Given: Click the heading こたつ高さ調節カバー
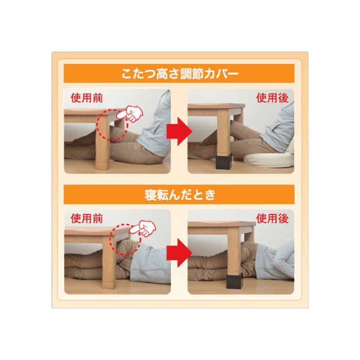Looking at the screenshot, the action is pos(180,74).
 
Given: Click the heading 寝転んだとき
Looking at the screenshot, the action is pos(180,195).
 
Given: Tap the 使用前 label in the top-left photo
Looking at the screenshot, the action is pos(86,98).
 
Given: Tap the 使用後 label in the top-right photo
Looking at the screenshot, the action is pos(272,98).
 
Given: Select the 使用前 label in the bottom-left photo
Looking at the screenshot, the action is pos(86,219).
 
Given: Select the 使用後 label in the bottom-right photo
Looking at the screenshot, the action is pos(272,219).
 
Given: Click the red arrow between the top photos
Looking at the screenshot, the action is pos(179,131).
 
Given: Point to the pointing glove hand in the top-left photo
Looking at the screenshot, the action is pos(130,114).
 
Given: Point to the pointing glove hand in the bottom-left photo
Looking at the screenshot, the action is pos(143,228).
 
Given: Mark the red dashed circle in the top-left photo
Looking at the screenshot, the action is pos(97,125).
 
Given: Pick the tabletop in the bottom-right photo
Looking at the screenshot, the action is pos(222,225).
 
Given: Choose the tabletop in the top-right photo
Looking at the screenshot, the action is pos(217,106).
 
